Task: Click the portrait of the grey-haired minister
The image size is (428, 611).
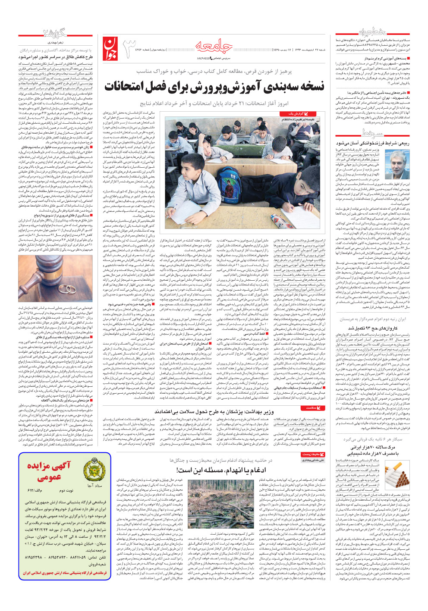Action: (397, 164)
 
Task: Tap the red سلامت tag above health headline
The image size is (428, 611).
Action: (312, 407)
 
